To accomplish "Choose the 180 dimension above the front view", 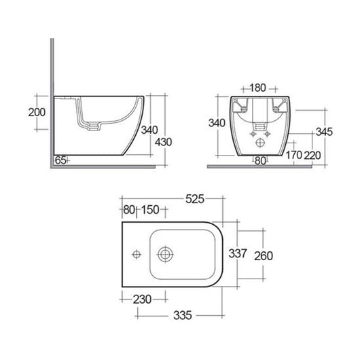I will pos(257,88).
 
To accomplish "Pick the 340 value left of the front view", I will pos(217,123).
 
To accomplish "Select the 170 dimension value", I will pos(293,155).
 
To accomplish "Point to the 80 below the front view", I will pos(259,161).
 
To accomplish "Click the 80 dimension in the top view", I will pos(129,209).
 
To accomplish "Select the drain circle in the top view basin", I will pos(164,255).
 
